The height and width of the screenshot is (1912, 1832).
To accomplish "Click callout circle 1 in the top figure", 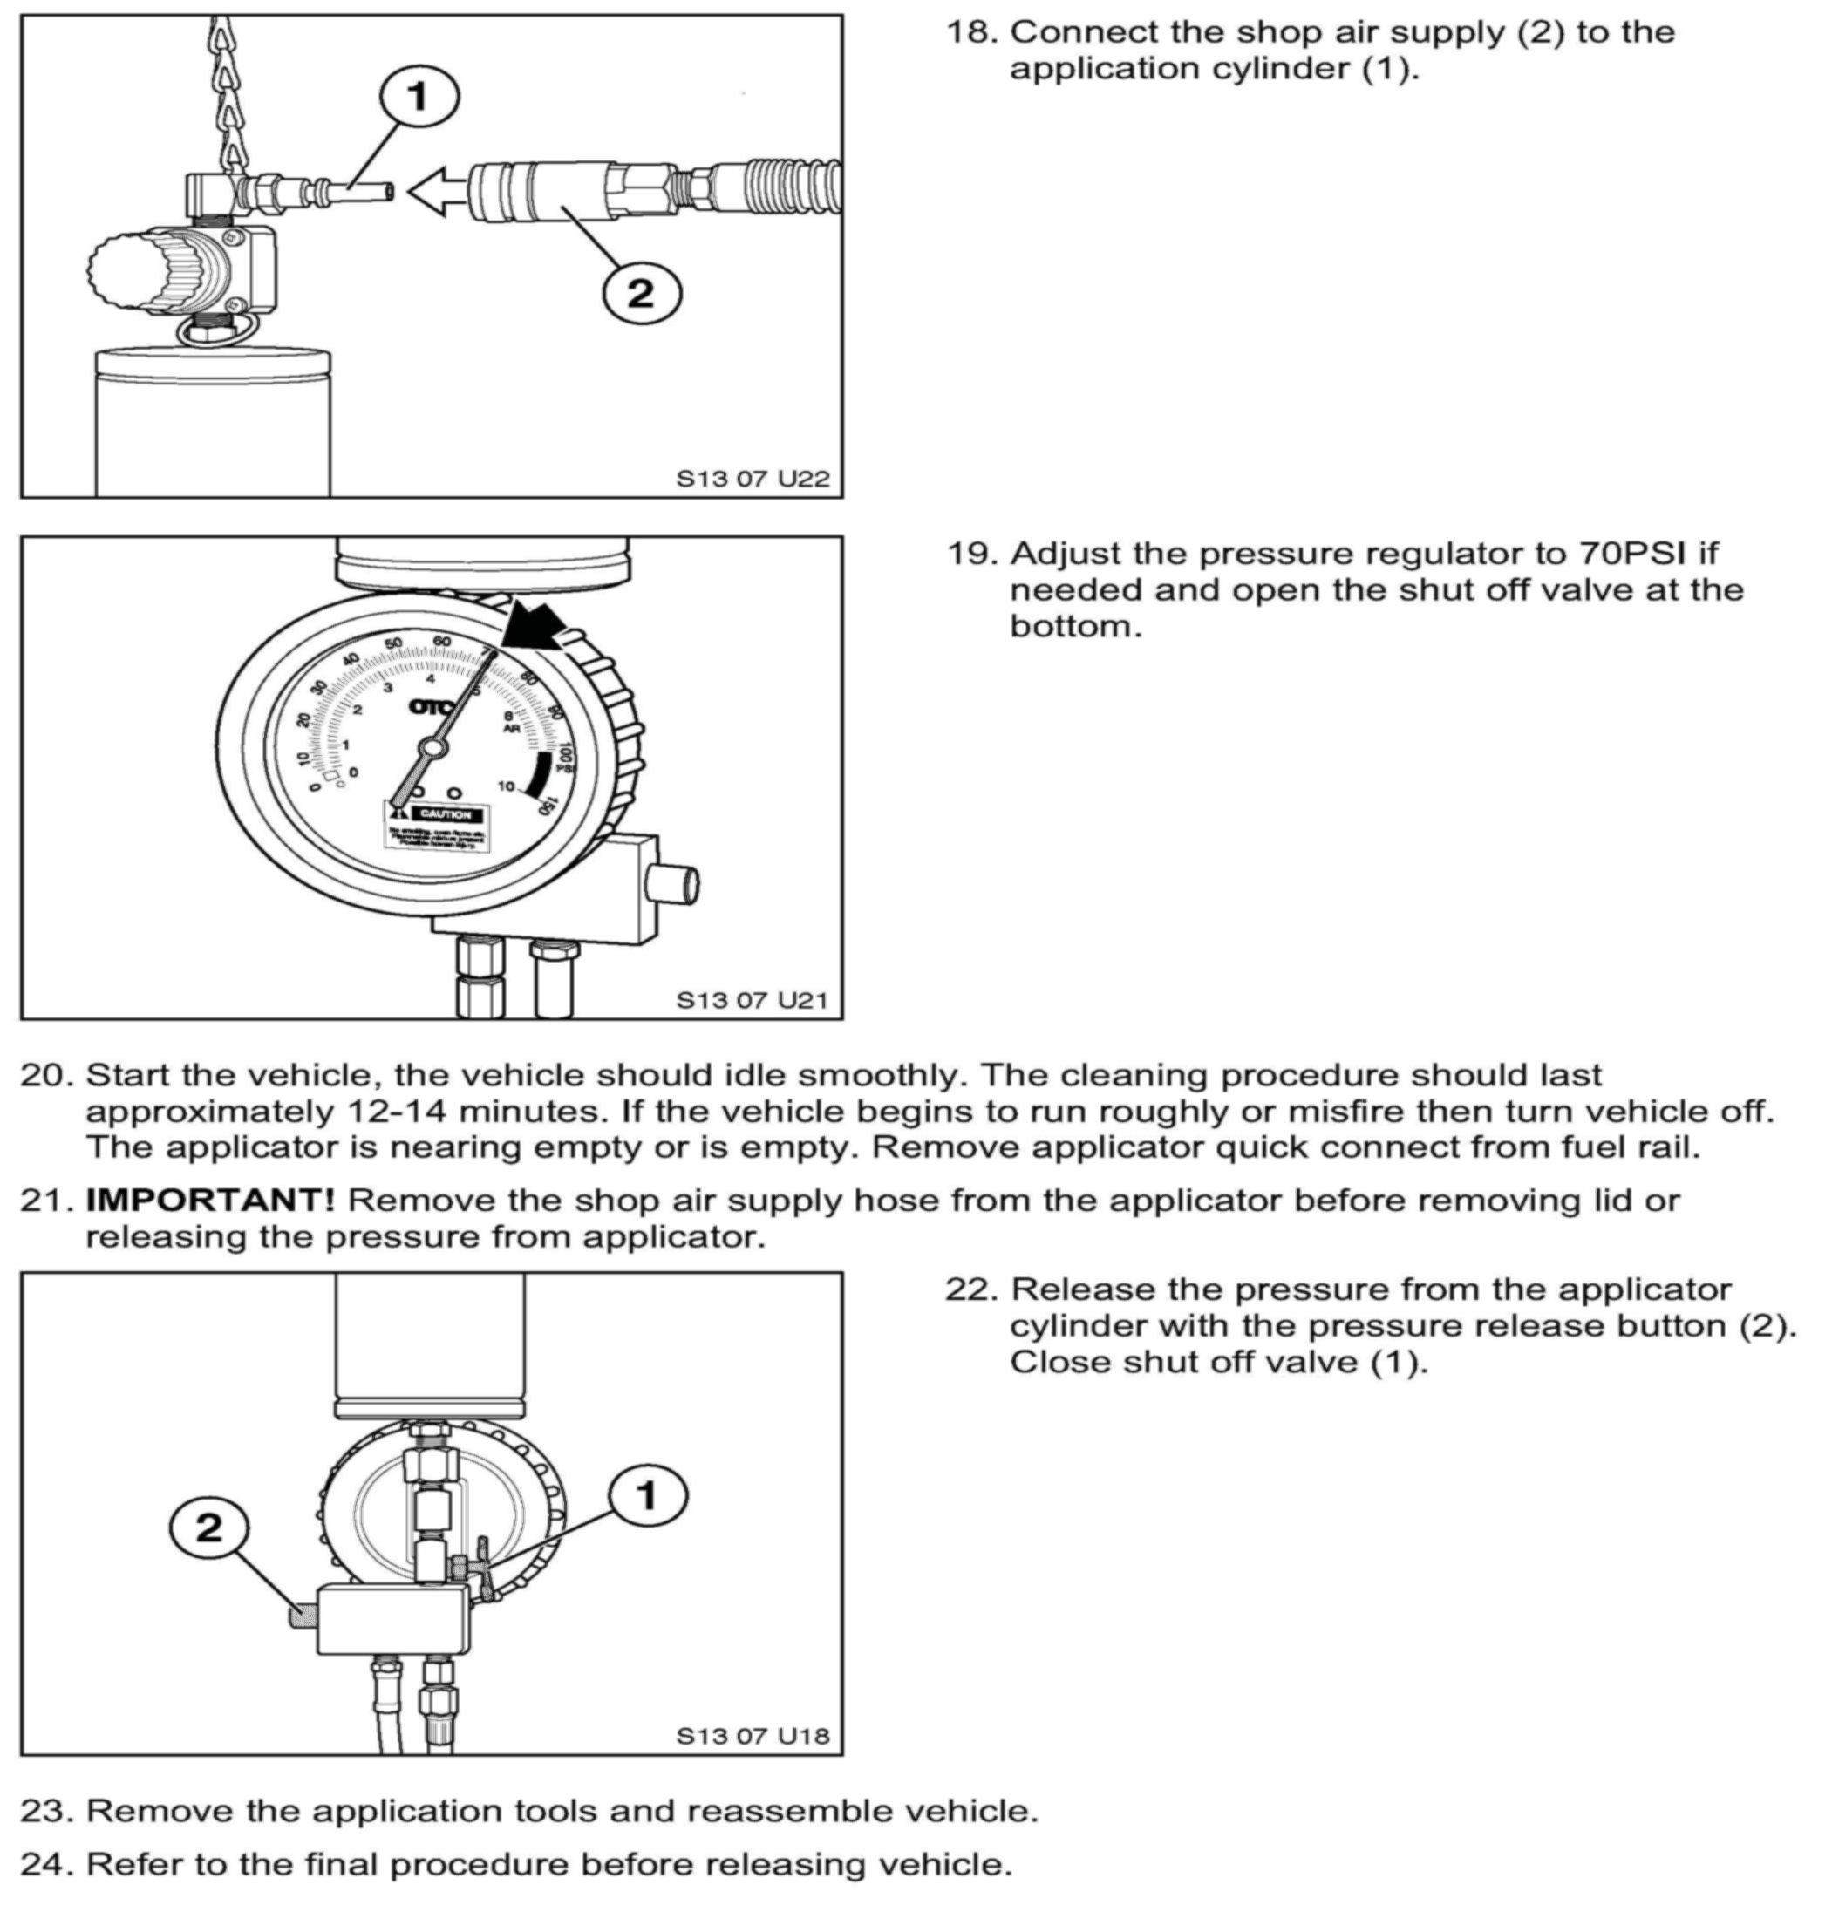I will (418, 97).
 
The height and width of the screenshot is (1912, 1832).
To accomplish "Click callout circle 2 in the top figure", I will (641, 292).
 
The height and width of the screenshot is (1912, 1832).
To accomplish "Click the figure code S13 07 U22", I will (753, 479).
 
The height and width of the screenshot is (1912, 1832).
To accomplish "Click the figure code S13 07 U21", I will (753, 1000).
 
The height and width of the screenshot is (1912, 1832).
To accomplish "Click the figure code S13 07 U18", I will (753, 1735).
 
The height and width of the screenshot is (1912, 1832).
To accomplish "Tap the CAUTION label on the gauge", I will (445, 813).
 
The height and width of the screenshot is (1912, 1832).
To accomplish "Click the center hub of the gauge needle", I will (431, 748).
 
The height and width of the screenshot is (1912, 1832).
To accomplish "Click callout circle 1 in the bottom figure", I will (647, 1495).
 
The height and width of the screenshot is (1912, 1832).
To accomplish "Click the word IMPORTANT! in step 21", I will (210, 1199).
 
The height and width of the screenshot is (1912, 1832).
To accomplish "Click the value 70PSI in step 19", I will (1632, 553).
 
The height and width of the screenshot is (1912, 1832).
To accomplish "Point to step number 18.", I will (972, 32).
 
